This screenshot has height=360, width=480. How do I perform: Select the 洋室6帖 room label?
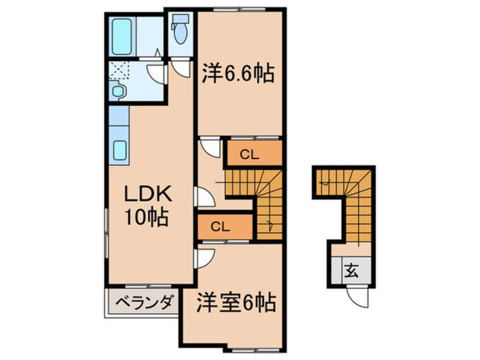237,302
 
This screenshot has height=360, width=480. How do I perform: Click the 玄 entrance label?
352,271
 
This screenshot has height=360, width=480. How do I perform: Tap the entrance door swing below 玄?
357,295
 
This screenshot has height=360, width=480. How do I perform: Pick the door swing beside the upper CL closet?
211,148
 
